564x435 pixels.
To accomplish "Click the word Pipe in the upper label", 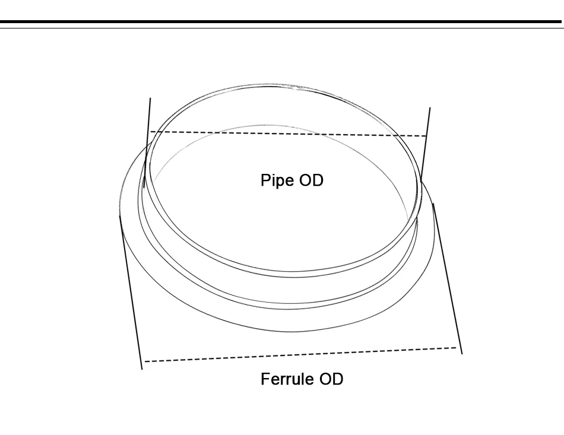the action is (x=277, y=180).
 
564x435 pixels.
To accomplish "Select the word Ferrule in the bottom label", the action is (x=287, y=379).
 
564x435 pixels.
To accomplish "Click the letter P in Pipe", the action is (x=265, y=180).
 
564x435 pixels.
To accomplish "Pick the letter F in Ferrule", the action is (x=265, y=379).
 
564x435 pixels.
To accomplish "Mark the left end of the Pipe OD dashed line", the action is (x=150, y=131).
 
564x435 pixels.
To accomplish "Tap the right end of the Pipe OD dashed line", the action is (x=427, y=136).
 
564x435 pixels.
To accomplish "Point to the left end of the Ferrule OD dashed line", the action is (x=144, y=361).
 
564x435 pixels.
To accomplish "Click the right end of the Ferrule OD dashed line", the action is (x=457, y=347).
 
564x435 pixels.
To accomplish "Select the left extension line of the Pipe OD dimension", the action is (x=147, y=142).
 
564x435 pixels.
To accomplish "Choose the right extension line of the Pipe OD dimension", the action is (x=426, y=142).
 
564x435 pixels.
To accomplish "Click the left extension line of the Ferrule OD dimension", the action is (x=131, y=291).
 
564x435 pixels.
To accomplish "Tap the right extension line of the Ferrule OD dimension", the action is (x=448, y=279).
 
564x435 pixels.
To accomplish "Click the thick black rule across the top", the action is (x=282, y=23).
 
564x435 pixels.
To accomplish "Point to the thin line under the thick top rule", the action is (x=282, y=28).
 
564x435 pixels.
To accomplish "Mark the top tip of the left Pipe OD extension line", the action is (x=150, y=99).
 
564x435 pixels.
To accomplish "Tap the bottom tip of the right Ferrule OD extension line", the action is (x=462, y=353).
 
